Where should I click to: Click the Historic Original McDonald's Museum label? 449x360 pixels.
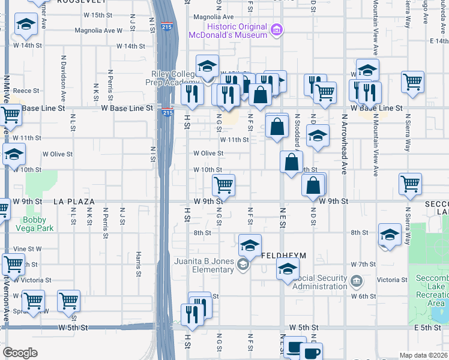tap(228, 31)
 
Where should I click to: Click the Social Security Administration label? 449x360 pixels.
tap(320, 282)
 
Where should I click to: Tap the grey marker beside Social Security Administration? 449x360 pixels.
tap(356, 281)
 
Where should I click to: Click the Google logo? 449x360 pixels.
tap(20, 353)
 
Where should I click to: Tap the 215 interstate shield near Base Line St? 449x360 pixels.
tap(167, 112)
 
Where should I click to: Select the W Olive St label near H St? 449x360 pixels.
tap(208, 154)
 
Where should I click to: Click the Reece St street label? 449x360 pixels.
tap(26, 91)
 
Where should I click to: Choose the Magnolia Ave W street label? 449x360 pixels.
tap(95, 30)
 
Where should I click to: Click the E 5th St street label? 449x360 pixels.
tap(427, 328)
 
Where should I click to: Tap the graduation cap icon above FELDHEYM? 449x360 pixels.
tap(250, 245)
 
